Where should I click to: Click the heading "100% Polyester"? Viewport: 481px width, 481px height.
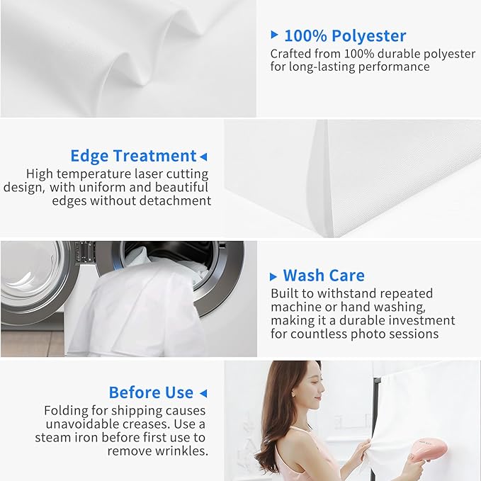[345, 35]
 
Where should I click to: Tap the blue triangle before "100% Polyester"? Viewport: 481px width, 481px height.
[274, 35]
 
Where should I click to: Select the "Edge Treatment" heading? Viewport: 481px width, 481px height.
[133, 156]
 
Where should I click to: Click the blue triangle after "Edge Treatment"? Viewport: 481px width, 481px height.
[203, 157]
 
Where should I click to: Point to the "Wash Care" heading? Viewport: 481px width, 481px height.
[324, 275]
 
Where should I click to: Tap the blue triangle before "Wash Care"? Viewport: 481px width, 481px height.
[273, 277]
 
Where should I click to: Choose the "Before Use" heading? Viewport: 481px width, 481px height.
[151, 392]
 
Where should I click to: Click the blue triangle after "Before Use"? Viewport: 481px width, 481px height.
[203, 393]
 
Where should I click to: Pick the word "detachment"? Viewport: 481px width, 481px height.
[175, 201]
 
